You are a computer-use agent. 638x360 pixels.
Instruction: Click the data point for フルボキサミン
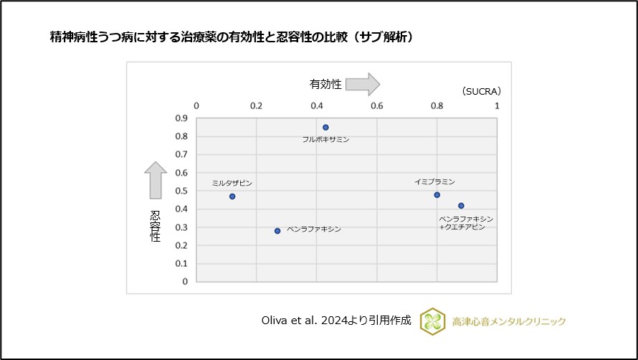point(325,127)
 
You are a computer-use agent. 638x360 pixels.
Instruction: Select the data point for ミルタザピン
point(232,196)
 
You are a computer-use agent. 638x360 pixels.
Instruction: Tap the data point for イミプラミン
point(437,195)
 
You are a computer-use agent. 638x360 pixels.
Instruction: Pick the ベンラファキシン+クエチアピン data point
point(461,206)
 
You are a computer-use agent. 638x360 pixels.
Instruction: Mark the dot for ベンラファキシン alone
point(277,231)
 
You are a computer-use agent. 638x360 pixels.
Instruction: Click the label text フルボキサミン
point(325,139)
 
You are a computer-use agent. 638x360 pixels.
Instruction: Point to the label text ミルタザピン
point(232,183)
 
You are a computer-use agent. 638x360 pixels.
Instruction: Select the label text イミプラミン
point(434,182)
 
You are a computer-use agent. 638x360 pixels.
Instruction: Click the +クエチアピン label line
point(462,227)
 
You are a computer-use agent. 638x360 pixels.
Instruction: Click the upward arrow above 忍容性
point(156,180)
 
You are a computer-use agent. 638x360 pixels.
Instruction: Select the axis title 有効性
point(325,85)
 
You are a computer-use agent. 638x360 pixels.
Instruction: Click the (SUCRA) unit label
point(481,91)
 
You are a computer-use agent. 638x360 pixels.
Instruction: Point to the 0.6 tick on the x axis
point(377,106)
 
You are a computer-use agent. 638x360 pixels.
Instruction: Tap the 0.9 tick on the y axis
point(181,118)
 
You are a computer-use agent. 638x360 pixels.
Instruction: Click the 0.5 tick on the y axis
point(181,191)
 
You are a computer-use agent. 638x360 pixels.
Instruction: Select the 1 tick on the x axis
point(497,106)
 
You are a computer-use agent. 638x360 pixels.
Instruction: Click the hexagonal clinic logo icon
point(432,321)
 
